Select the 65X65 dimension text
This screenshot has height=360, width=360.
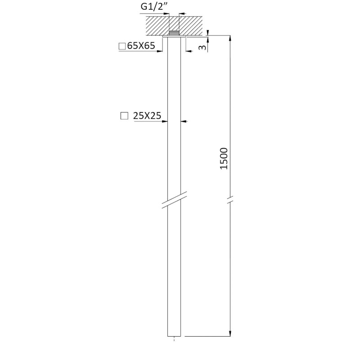[x=141, y=46]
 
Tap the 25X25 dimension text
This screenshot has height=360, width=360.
[x=147, y=116]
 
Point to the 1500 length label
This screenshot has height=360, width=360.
[x=224, y=159]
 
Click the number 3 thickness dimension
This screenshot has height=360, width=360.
[x=202, y=47]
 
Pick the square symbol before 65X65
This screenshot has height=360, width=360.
[x=122, y=46]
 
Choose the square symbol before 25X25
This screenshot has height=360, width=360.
[x=124, y=116]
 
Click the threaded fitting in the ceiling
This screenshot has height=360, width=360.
[x=174, y=33]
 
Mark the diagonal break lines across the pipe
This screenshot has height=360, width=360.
[x=174, y=200]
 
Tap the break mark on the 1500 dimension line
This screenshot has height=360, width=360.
[x=230, y=199]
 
